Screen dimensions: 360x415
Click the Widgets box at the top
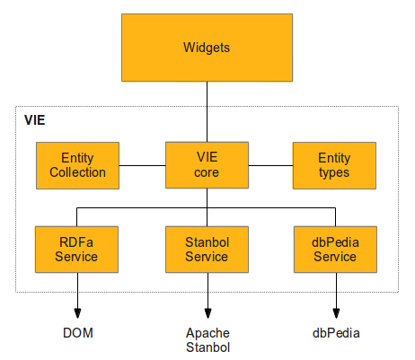[x=207, y=47]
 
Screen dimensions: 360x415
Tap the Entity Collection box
[x=77, y=165]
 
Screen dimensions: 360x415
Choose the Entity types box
[x=334, y=165]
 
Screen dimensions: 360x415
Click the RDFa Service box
[x=77, y=250]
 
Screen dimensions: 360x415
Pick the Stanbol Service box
[x=207, y=250]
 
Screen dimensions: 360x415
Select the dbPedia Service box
[x=334, y=250]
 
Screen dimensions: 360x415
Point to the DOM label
[x=77, y=333]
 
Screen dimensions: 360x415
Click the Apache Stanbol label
[x=207, y=339]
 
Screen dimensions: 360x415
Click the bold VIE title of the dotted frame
[x=34, y=119]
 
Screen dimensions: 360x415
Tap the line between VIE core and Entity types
[x=271, y=165]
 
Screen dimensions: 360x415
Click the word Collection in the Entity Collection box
[x=77, y=172]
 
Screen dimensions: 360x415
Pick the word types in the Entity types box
[x=334, y=172]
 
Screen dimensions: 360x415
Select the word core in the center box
[x=207, y=172]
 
